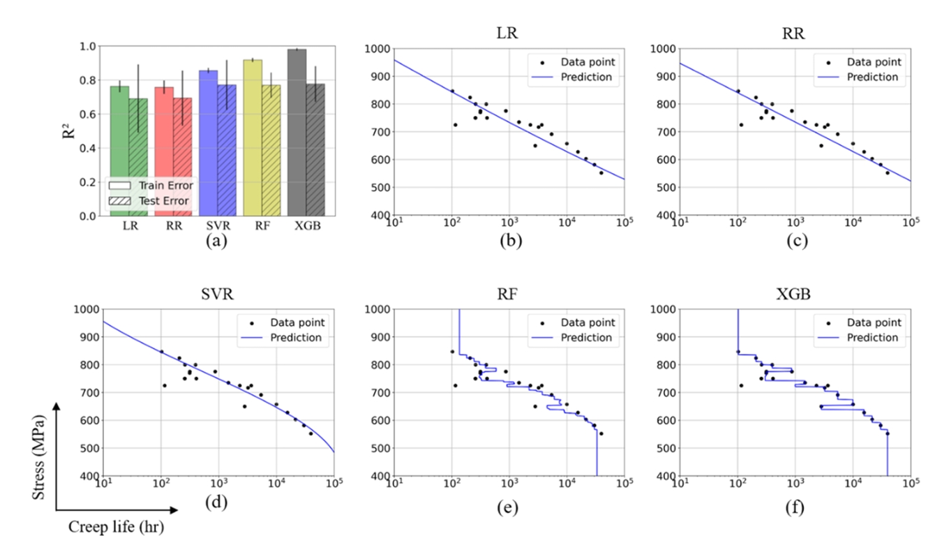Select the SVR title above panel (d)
click(218, 294)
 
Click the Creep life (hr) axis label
click(116, 527)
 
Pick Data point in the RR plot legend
click(873, 62)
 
